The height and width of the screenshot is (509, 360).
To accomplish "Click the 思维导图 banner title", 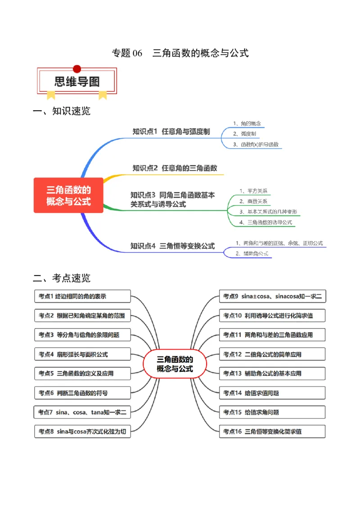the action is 77,81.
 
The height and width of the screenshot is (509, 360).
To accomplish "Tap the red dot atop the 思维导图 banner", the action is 77,69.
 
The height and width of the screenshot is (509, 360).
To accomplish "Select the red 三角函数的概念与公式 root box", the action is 68,196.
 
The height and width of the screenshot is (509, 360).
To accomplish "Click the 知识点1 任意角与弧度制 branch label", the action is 171,132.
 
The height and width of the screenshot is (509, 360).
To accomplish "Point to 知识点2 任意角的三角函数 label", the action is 175,168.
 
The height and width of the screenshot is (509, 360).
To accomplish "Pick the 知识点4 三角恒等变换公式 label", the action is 172,246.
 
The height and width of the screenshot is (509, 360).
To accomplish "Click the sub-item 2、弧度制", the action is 245,134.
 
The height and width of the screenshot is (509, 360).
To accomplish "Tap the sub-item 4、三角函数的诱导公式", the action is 266,222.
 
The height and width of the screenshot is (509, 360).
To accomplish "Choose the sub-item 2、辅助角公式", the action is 252,254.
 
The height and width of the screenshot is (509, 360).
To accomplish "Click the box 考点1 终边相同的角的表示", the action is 82,296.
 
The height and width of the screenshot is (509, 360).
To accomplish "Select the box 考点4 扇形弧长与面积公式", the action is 82,354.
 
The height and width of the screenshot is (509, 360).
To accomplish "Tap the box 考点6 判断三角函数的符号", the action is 82,393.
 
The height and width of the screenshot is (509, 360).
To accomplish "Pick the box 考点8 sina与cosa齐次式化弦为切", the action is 82,432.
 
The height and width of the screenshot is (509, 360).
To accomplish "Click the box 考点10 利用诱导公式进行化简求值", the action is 272,316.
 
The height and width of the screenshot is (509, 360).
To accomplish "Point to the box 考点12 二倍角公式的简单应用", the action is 272,354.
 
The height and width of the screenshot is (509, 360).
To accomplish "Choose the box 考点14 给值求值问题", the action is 272,393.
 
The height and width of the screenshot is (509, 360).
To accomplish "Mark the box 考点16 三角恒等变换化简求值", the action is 272,432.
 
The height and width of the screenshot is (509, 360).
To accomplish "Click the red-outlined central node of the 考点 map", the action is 175,364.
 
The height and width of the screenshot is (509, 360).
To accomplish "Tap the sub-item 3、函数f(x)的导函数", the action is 256,144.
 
